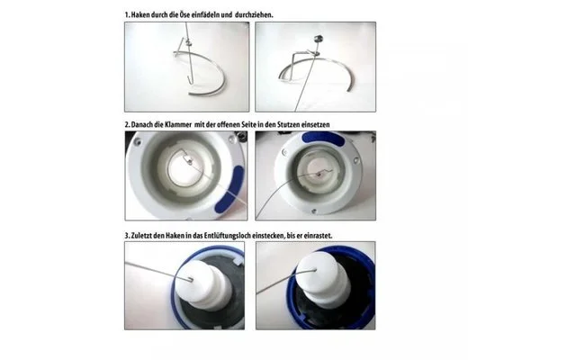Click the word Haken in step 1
140,15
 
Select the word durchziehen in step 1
254,15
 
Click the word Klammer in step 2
180,124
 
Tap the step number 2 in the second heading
127,124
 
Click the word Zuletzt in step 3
141,236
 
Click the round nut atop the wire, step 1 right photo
318,38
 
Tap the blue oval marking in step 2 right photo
323,139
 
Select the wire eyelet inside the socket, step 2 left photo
188,159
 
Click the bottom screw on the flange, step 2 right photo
314,211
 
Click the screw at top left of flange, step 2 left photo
138,141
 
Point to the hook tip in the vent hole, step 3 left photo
192,280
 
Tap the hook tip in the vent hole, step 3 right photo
315,270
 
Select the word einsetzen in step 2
315,124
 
